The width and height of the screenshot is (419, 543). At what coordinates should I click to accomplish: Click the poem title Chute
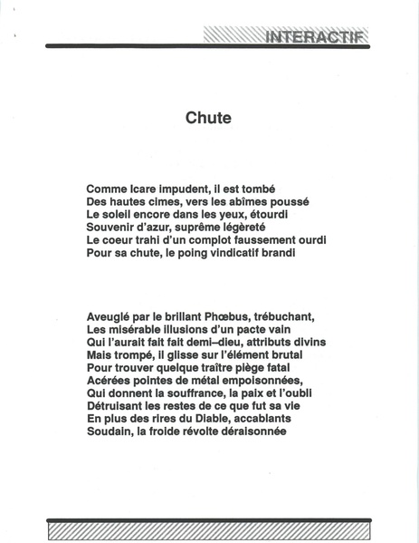pos(209,118)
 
